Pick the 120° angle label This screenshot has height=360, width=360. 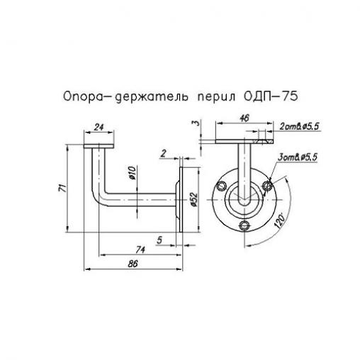pos(283,220)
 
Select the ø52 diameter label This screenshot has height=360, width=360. pos(193,199)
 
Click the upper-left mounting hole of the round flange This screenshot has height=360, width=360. pos(223,186)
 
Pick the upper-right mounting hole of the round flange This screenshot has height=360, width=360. pos(267,186)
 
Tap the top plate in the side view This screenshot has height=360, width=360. pos(100,145)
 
